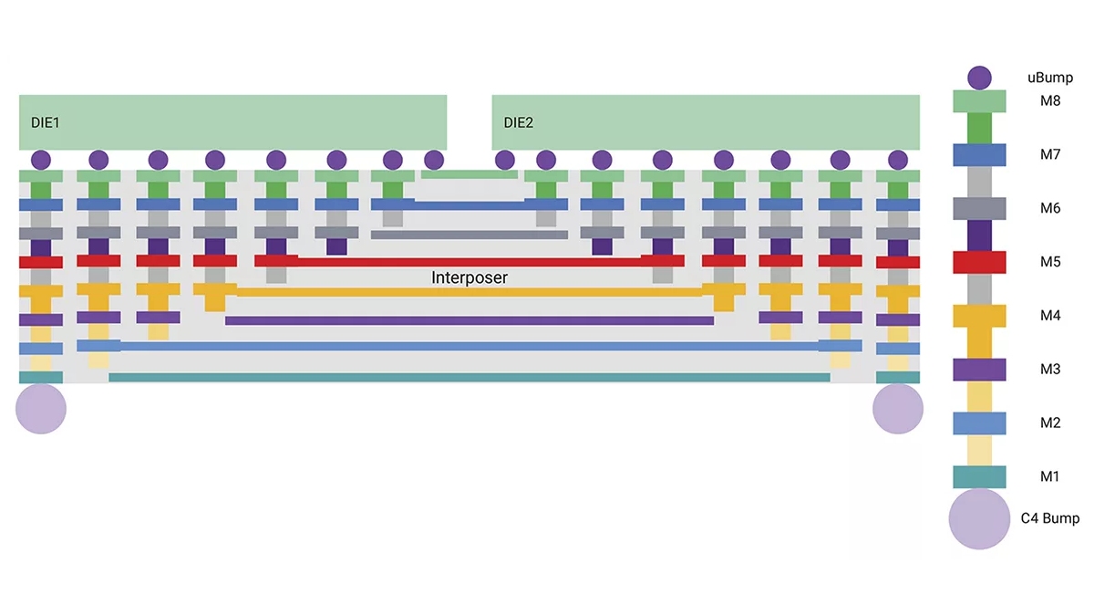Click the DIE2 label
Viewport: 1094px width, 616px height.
(x=518, y=122)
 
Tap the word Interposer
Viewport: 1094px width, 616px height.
(x=469, y=277)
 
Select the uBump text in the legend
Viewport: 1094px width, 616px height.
(x=1049, y=78)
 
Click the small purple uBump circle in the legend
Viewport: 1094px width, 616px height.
(x=979, y=78)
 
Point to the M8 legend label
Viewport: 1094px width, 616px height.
(x=1050, y=101)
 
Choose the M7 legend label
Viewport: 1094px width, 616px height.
(x=1050, y=154)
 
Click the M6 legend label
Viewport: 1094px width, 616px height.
(x=1050, y=208)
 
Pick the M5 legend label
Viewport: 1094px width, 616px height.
(x=1050, y=262)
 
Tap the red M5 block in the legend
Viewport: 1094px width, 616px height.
(x=979, y=262)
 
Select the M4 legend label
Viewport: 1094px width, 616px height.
(x=1050, y=316)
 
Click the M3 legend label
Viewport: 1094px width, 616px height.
(x=1050, y=370)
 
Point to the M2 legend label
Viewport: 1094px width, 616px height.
(x=1050, y=423)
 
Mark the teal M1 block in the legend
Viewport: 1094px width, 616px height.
(x=979, y=477)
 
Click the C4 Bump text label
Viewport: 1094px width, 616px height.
(x=1049, y=518)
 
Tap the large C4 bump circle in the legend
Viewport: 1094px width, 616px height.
(x=979, y=518)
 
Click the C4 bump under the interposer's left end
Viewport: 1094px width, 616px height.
(x=41, y=409)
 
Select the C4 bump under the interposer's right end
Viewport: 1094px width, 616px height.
(x=898, y=409)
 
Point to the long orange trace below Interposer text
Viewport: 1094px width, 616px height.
(x=469, y=292)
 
